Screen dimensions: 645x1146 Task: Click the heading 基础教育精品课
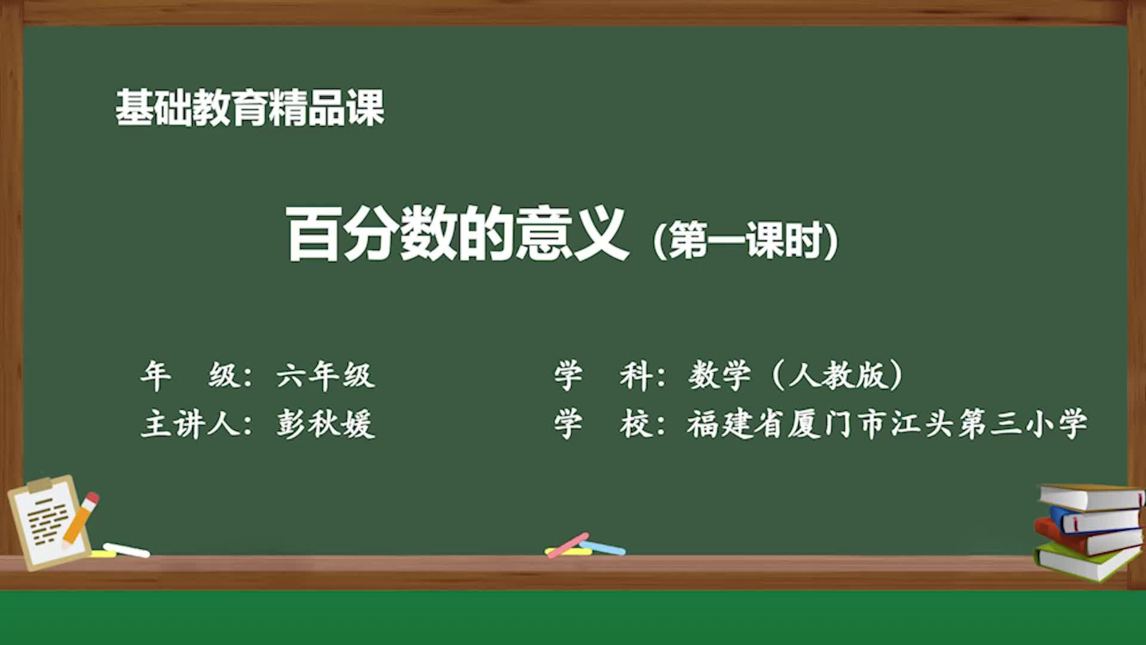pos(249,108)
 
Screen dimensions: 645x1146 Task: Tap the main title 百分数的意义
pos(457,234)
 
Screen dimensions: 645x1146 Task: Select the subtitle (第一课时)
pos(746,240)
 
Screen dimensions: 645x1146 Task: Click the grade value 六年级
pos(326,376)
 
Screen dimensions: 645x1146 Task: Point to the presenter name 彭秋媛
pos(326,425)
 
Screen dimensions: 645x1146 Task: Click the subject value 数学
pos(719,376)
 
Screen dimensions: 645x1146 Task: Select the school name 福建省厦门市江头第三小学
pos(887,425)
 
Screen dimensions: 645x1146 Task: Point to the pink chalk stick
pos(568,545)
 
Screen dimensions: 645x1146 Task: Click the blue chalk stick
pos(604,547)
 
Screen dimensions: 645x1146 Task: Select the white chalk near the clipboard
pos(127,550)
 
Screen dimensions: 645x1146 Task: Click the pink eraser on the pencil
pos(93,497)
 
